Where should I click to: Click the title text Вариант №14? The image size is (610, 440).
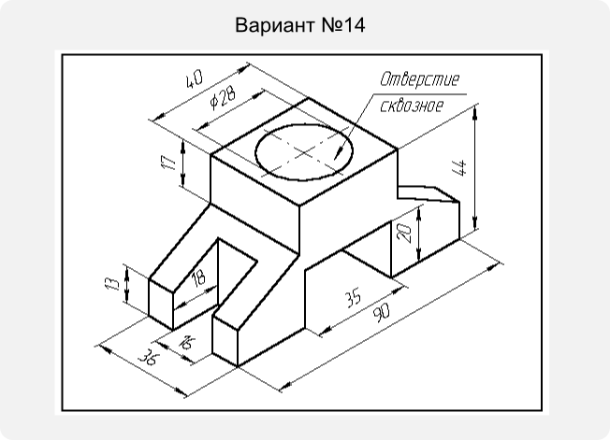coord(300,25)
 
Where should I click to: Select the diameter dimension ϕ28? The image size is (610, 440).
coord(222,97)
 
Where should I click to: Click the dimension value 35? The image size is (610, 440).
coord(354,297)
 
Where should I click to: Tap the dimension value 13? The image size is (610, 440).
coord(112,283)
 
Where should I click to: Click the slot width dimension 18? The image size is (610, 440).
coord(199,278)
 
